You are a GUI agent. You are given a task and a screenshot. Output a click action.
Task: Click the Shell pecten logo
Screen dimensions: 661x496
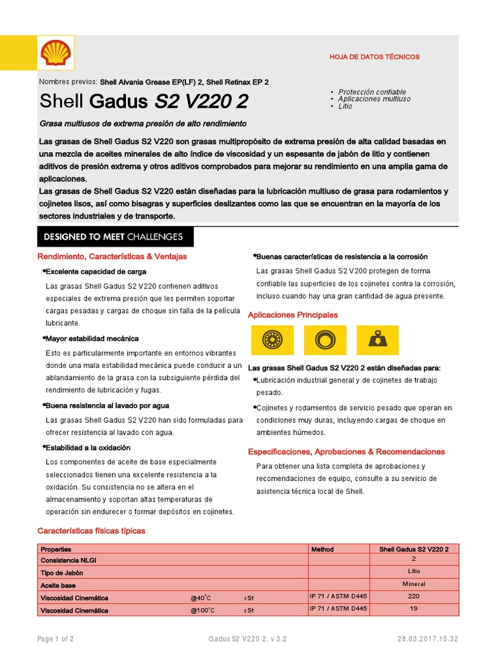[x=57, y=52]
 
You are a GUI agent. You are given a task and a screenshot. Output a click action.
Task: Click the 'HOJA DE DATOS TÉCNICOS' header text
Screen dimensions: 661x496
[x=375, y=57]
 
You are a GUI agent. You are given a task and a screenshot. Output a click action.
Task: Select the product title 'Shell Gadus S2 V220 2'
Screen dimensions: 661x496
[x=143, y=102]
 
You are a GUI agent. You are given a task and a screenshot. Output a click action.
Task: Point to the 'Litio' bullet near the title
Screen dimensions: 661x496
[x=346, y=106]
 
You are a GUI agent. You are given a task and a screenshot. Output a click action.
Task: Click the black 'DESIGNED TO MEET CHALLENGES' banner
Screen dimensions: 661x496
[x=115, y=237]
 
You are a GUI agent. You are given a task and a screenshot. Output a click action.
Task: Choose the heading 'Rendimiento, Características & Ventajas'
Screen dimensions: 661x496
[x=112, y=256]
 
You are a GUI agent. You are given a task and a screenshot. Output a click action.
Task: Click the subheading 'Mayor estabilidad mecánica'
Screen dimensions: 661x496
[x=92, y=338]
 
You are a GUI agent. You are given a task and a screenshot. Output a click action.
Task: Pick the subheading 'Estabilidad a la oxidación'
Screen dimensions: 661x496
[x=88, y=447]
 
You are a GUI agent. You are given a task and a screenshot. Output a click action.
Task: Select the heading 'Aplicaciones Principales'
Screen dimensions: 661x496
[x=293, y=315]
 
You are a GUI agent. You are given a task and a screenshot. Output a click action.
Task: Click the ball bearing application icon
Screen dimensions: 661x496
[x=272, y=340]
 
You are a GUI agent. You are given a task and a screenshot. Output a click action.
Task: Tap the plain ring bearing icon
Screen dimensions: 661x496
[x=324, y=340]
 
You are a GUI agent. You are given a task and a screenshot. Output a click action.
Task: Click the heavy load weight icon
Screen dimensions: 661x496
[x=377, y=340]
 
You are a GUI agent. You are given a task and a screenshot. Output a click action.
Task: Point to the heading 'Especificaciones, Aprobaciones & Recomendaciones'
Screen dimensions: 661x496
[x=346, y=452]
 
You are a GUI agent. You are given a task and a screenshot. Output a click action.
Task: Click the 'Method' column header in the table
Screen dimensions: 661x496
[x=323, y=549]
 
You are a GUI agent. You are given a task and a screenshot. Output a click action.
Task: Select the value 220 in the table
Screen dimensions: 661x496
[x=413, y=597]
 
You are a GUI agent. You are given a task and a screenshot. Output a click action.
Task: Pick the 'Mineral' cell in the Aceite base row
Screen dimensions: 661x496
[x=413, y=584]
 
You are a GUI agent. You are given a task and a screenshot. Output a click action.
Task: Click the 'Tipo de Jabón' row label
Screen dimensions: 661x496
[x=62, y=573]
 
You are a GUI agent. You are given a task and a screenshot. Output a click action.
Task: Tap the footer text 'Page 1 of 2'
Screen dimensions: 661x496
[x=56, y=639]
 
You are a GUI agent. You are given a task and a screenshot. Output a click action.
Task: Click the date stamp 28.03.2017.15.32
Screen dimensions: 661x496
[x=428, y=639]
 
